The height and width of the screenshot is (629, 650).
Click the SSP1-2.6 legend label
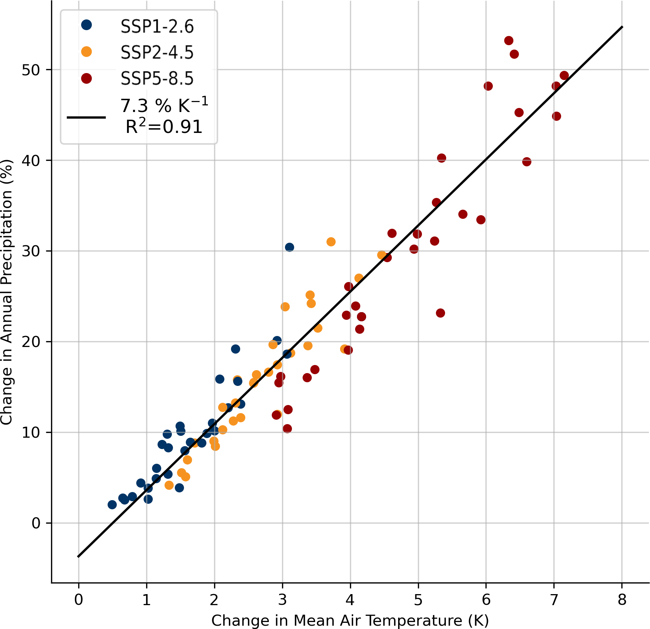(157, 26)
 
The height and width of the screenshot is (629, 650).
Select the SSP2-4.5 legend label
(157, 53)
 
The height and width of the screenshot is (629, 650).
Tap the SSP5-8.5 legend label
(157, 79)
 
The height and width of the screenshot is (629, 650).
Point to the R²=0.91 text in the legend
(164, 127)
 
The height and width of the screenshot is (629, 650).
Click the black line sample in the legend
(86, 118)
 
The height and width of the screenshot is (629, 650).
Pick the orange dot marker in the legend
(86, 52)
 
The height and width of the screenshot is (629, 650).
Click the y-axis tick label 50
(31, 70)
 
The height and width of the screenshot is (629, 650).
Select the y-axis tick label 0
(36, 523)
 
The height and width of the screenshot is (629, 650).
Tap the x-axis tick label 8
(622, 600)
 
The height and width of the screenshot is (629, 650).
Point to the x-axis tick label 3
(282, 600)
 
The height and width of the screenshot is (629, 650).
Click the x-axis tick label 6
(486, 600)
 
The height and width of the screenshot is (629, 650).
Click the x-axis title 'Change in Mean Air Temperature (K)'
(350, 621)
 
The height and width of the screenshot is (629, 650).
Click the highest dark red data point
(509, 40)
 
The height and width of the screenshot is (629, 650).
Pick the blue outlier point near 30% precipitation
(289, 247)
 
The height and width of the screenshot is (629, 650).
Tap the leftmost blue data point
(112, 505)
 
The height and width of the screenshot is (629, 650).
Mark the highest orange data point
(331, 242)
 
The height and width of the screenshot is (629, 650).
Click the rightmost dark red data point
(564, 76)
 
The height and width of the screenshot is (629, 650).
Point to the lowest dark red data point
(287, 429)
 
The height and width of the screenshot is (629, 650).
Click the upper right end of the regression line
(622, 27)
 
